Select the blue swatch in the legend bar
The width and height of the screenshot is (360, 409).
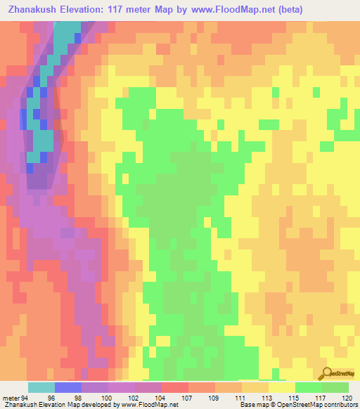tap(68, 388)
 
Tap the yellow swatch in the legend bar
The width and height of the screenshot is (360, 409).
tap(281, 388)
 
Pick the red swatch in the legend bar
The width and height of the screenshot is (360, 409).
tap(174, 388)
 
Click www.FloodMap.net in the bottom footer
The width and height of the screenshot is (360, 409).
tap(149, 405)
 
